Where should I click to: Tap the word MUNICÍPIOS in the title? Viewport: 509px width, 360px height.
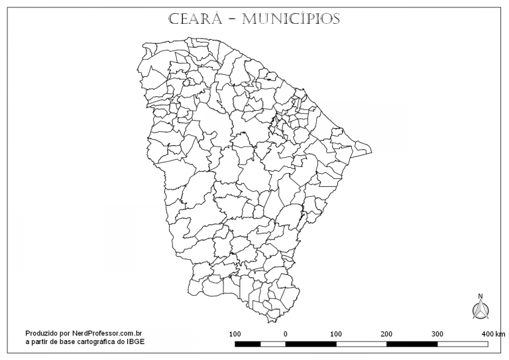(292, 19)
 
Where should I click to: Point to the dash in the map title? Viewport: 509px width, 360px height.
(231, 19)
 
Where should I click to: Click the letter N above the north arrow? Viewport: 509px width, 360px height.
(481, 296)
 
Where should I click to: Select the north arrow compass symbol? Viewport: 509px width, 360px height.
(481, 309)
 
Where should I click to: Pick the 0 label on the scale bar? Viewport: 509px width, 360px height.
(285, 333)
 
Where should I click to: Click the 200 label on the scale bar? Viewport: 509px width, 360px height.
(386, 333)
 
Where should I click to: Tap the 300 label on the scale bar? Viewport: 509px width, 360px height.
(437, 333)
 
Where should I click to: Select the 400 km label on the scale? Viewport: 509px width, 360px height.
(493, 333)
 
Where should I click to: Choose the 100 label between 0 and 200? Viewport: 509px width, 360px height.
(336, 333)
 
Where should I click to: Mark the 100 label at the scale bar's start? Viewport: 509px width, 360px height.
(235, 333)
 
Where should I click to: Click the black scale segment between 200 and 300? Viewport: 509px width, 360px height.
(412, 344)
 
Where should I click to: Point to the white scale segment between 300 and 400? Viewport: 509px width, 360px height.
(463, 344)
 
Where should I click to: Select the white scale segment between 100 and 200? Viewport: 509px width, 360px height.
(361, 344)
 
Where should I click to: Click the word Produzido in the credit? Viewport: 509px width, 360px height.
(41, 333)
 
